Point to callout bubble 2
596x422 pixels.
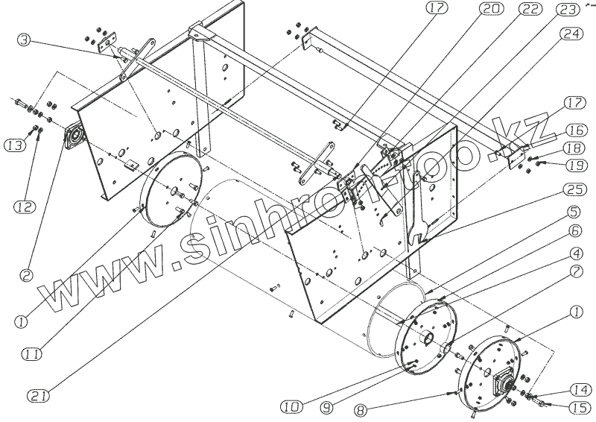click(25, 275)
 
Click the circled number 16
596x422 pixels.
click(574, 128)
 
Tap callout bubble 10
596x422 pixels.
click(292, 407)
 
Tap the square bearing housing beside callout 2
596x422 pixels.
click(75, 139)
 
